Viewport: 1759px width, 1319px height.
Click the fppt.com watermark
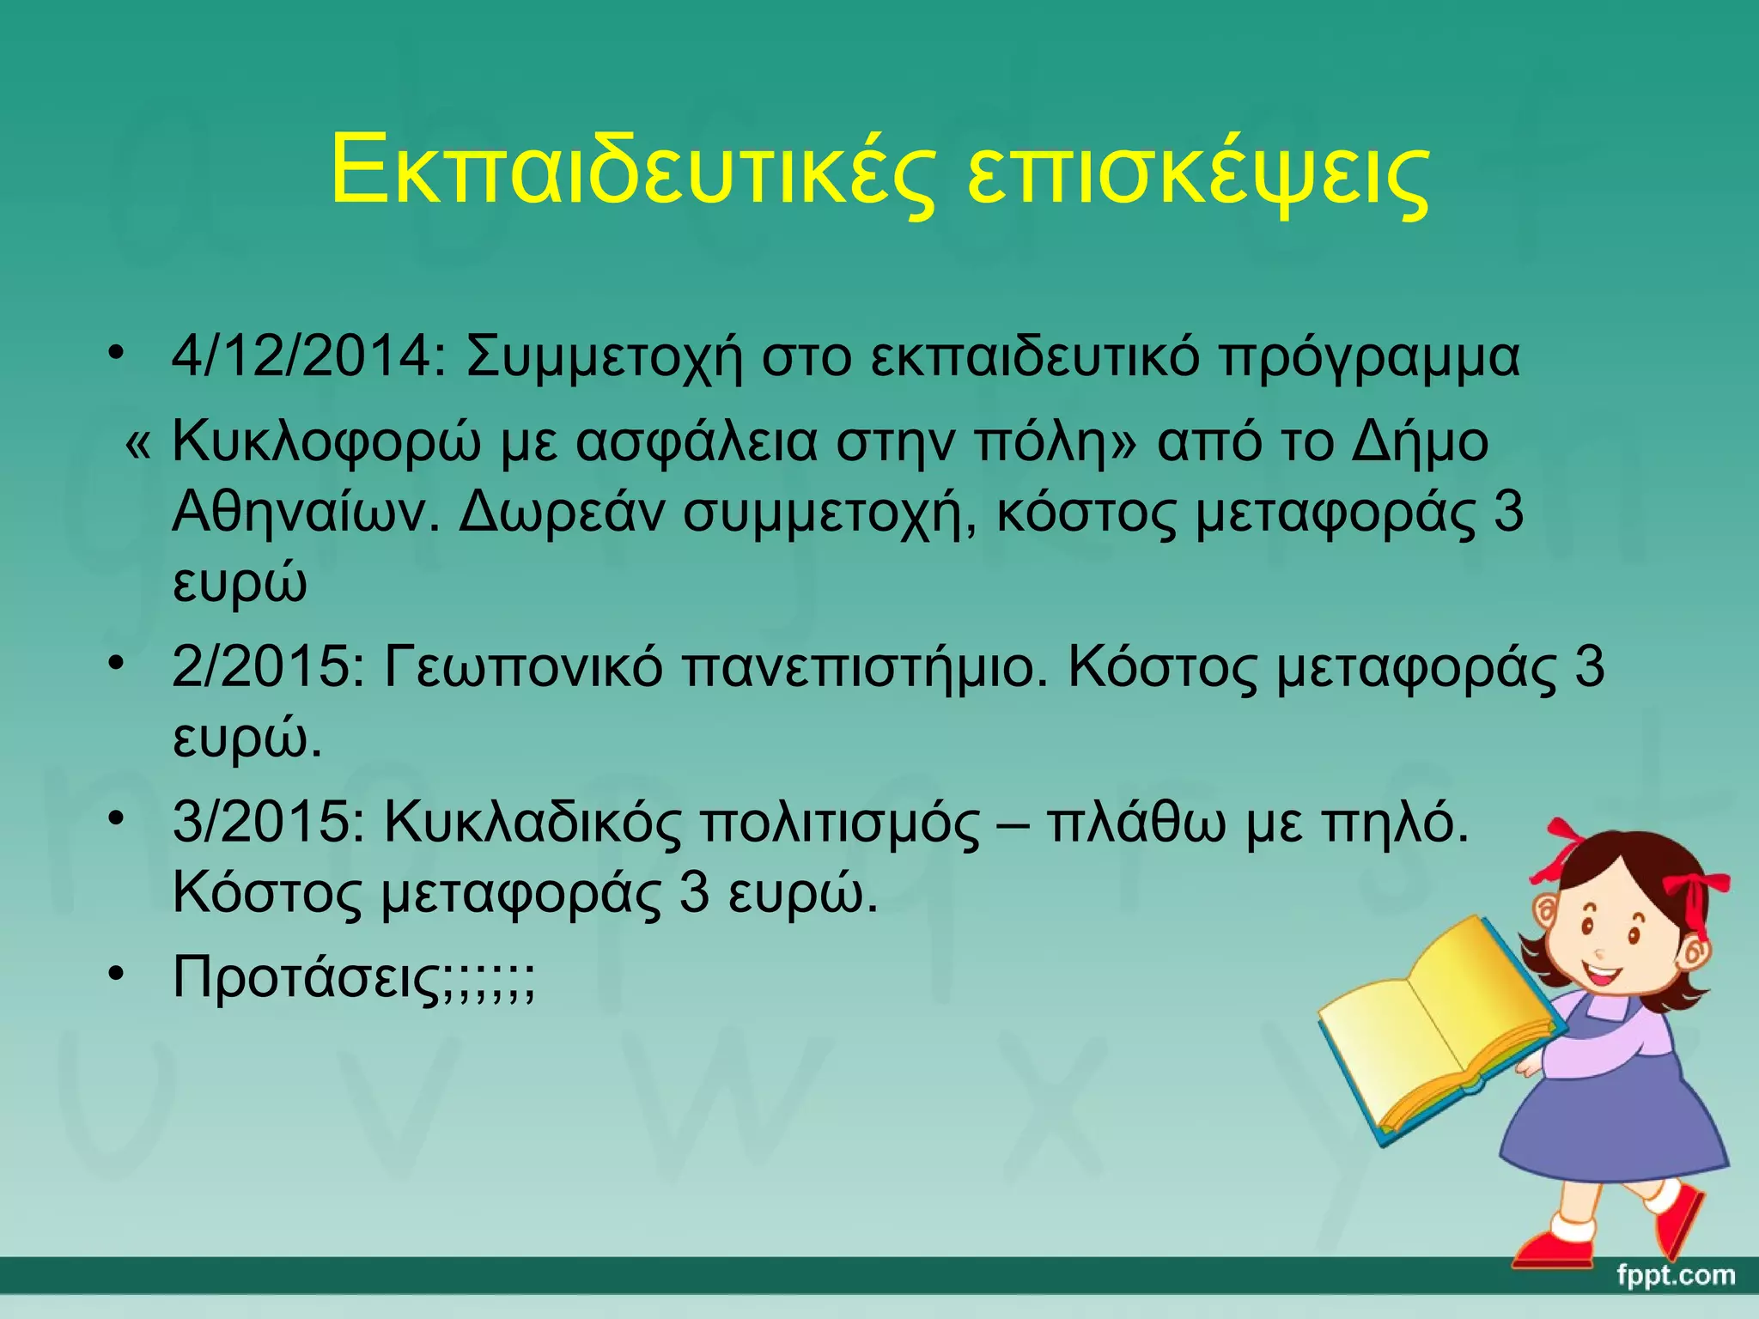tap(1675, 1276)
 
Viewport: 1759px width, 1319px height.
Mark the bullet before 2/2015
tap(117, 663)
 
